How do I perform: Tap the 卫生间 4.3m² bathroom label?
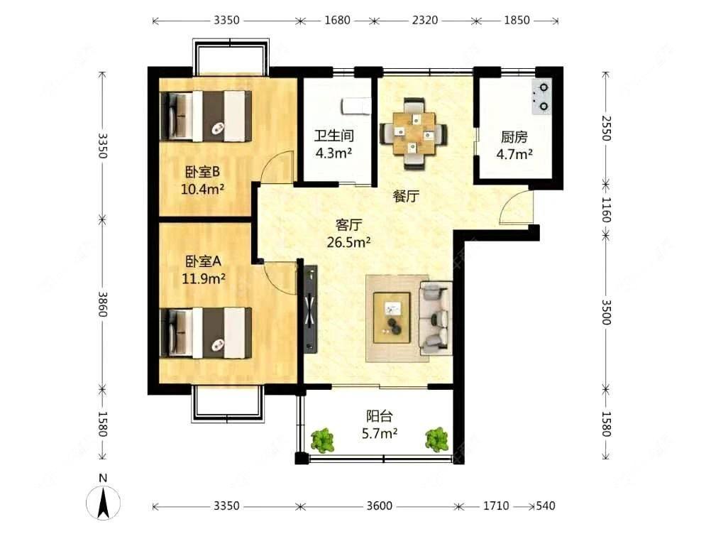(334, 144)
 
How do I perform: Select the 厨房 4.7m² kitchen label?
(514, 146)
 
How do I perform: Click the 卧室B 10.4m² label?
(203, 180)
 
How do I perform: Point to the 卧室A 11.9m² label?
(203, 270)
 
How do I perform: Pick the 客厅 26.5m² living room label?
(348, 234)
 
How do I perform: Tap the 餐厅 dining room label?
(406, 197)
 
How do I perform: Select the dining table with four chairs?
(414, 133)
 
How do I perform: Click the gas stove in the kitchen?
(541, 97)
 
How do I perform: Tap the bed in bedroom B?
(206, 116)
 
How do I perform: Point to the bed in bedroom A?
(206, 333)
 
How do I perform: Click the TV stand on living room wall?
(311, 309)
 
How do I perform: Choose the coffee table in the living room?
(392, 317)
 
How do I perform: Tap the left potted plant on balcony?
(323, 440)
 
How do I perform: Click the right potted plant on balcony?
(437, 439)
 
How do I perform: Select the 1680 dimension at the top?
(337, 21)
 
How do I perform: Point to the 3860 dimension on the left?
(103, 305)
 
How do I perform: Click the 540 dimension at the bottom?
(546, 506)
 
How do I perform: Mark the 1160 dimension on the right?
(606, 209)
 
